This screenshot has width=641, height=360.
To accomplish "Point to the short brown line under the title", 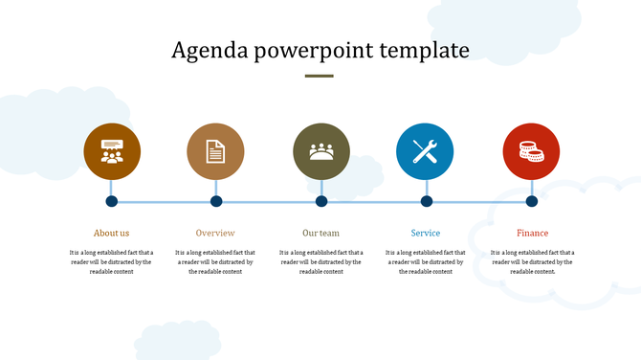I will pyautogui.click(x=320, y=76).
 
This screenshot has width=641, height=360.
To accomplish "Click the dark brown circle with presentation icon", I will pyautogui.click(x=112, y=151).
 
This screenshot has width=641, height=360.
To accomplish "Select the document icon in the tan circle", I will pyautogui.click(x=215, y=151).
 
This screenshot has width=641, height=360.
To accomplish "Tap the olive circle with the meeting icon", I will pyautogui.click(x=321, y=151).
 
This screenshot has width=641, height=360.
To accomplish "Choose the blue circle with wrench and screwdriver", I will pyautogui.click(x=425, y=151).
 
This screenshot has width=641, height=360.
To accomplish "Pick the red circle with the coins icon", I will pyautogui.click(x=531, y=151).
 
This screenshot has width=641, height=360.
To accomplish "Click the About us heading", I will pyautogui.click(x=111, y=233).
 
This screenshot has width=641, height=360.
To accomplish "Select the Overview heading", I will pyautogui.click(x=215, y=233).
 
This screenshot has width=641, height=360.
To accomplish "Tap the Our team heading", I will pyautogui.click(x=320, y=233).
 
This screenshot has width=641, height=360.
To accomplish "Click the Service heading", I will pyautogui.click(x=426, y=233).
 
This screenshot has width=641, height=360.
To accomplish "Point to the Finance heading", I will pyautogui.click(x=532, y=233).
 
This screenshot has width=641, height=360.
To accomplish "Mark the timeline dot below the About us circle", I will pyautogui.click(x=111, y=201).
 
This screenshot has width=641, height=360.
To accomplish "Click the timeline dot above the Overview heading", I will pyautogui.click(x=216, y=201).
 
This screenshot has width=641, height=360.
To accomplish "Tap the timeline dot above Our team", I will pyautogui.click(x=321, y=201).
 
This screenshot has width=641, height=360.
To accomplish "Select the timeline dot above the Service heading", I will pyautogui.click(x=427, y=201).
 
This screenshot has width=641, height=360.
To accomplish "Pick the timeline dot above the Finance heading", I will pyautogui.click(x=532, y=201).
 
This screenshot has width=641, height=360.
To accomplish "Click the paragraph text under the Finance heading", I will pyautogui.click(x=532, y=261).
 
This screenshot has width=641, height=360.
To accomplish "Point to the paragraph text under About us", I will pyautogui.click(x=111, y=261).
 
